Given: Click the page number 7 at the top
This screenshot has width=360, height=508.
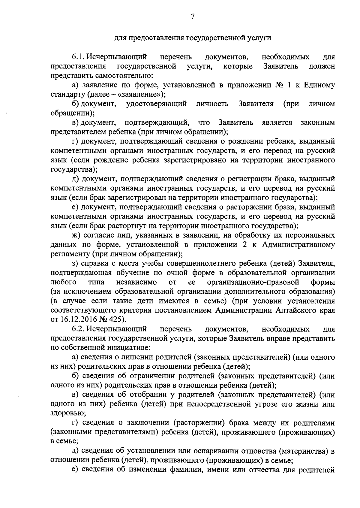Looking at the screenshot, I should pos(193,17).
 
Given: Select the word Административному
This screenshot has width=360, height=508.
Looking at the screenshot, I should pos(298,245).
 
